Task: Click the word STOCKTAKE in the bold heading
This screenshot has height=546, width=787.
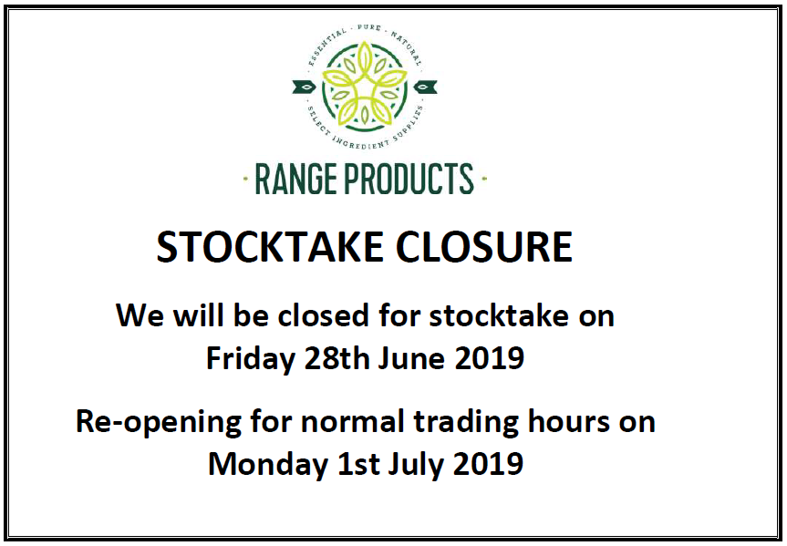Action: [x=270, y=247]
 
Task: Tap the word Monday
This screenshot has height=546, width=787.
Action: [x=268, y=465]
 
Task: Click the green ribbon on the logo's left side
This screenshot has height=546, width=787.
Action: [x=305, y=87]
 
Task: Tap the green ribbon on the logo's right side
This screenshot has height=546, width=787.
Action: [x=425, y=87]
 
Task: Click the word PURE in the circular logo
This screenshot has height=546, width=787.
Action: [x=369, y=27]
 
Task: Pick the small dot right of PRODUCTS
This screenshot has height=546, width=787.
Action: [x=484, y=178]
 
